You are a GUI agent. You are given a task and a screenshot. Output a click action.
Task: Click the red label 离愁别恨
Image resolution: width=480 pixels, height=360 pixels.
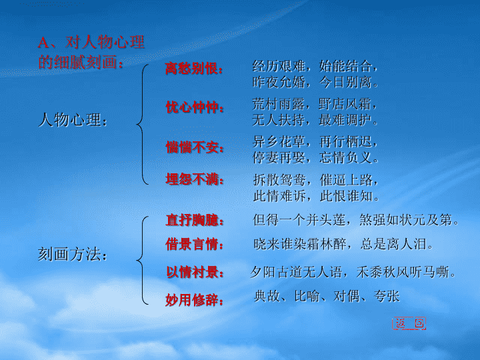191,68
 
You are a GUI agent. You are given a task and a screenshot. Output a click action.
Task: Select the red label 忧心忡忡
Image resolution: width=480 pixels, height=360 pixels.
191,107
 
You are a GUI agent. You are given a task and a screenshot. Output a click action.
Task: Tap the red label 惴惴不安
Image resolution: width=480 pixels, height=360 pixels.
191,147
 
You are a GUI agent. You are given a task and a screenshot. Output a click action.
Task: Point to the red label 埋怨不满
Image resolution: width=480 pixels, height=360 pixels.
191,179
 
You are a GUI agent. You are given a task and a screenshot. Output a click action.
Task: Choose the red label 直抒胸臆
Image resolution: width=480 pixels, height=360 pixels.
191,220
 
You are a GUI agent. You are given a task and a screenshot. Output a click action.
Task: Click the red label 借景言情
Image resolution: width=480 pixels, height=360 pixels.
191,244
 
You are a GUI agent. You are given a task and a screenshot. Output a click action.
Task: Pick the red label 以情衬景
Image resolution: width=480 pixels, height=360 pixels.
191,272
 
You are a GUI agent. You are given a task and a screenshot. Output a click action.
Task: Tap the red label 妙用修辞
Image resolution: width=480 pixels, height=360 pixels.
191,300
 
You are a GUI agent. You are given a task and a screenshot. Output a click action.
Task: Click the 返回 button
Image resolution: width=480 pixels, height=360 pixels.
409,323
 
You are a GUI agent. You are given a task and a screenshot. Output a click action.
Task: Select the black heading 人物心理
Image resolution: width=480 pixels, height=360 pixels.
69,120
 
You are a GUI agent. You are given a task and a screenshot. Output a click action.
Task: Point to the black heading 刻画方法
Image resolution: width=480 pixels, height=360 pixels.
69,254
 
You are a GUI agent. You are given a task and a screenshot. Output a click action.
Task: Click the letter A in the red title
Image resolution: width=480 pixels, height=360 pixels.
43,42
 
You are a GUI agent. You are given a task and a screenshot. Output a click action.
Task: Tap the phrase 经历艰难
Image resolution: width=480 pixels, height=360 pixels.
279,66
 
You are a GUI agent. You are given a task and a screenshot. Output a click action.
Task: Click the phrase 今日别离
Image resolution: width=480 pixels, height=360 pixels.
345,82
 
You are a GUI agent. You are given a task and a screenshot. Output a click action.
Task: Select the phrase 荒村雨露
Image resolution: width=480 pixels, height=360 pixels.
279,104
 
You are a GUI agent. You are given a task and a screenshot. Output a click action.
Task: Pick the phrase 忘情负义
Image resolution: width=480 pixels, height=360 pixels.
345,157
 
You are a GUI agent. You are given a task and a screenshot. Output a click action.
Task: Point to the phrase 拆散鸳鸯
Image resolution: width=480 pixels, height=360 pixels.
279,180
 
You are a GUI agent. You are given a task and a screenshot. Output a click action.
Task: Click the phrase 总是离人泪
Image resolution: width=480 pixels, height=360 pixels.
393,244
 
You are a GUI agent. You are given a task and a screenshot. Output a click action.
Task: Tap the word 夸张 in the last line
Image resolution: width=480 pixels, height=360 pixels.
386,296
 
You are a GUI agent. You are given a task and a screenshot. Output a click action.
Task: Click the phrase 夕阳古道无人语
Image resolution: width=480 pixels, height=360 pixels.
296,272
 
